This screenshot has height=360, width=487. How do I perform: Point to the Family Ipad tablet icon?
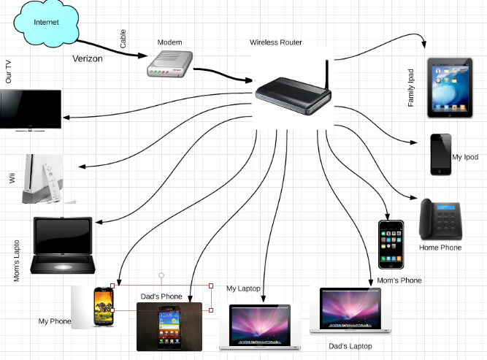click(x=449, y=85)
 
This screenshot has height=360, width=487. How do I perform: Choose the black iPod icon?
click(x=440, y=154)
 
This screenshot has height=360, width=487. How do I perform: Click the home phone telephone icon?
click(x=440, y=220)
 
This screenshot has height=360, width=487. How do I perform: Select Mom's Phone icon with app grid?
click(x=391, y=245)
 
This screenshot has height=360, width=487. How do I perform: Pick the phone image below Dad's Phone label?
click(x=169, y=326)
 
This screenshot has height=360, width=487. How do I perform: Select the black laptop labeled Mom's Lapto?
click(x=64, y=246)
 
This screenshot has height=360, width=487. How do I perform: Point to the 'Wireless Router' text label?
click(x=276, y=43)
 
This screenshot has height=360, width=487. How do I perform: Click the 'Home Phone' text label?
click(x=440, y=248)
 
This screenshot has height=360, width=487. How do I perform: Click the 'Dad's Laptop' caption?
click(x=350, y=346)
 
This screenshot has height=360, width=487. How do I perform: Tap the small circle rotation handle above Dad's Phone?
click(x=161, y=275)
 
